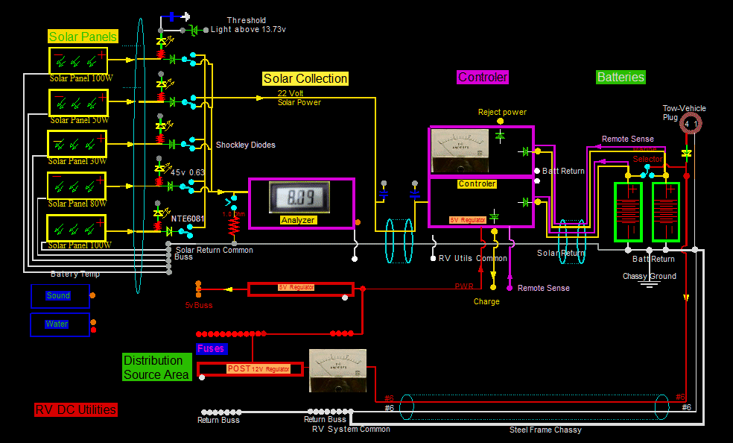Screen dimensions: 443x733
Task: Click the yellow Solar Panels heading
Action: [83, 37]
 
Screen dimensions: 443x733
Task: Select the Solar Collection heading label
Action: [305, 78]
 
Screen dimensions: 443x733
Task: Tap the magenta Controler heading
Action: [483, 77]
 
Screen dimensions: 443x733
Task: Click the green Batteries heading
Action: [621, 77]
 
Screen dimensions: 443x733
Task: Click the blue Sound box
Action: [60, 296]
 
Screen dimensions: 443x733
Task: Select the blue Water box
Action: [60, 324]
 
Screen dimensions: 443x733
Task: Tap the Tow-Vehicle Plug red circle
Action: [691, 124]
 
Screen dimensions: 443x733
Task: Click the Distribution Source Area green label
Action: [156, 368]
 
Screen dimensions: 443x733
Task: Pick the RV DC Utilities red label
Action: [75, 409]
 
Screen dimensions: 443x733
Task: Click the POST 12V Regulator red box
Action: [250, 369]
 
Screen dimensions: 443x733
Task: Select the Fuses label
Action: [211, 348]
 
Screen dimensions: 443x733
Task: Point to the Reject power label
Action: [502, 112]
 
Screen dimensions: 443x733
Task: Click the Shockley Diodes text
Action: [245, 145]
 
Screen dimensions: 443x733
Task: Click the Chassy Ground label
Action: [650, 276]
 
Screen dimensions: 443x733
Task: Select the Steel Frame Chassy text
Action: [545, 430]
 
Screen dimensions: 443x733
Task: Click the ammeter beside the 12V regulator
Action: [337, 370]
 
